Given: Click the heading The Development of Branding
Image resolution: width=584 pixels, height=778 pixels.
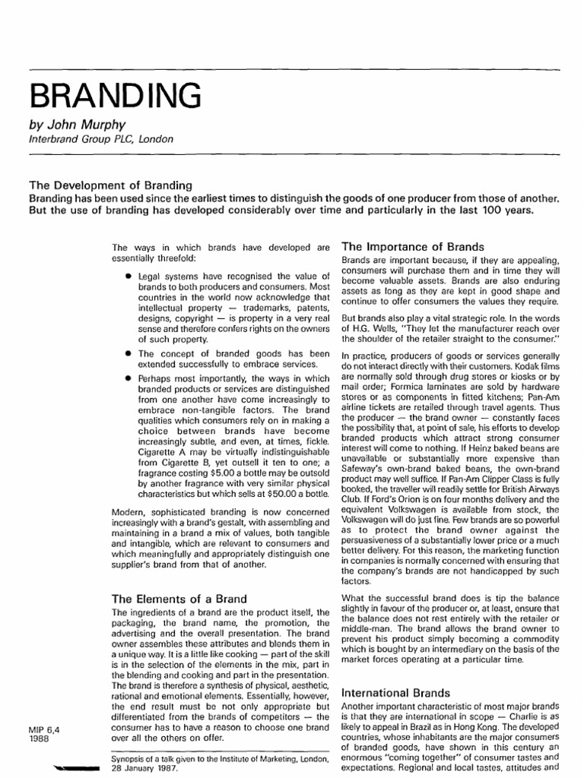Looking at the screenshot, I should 111,185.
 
